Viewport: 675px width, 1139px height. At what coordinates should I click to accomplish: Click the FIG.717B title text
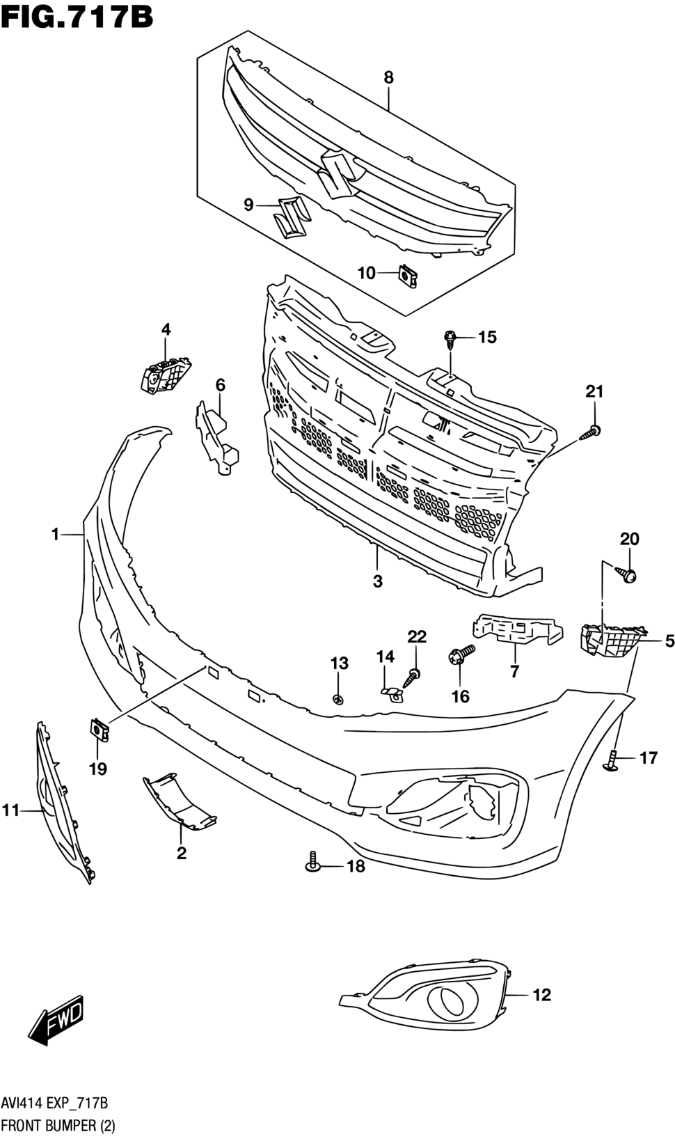pos(77,16)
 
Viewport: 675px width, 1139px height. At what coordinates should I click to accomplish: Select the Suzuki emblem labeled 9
pos(288,217)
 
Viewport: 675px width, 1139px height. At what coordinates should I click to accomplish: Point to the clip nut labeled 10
pos(408,276)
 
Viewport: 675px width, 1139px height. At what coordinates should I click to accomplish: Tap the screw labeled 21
pos(590,433)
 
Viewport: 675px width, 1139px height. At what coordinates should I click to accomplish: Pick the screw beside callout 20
pos(626,574)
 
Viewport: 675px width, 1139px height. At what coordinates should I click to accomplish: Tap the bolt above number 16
pos(461,654)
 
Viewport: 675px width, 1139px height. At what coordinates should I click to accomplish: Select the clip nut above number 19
pos(99,730)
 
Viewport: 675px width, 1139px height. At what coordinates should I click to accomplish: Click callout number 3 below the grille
pos(377,581)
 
